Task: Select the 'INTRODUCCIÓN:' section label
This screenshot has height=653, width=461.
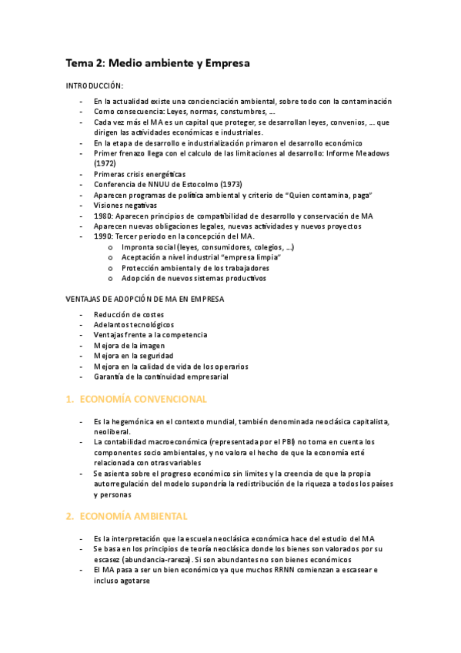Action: pyautogui.click(x=95, y=85)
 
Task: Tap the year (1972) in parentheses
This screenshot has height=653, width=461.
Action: pyautogui.click(x=105, y=163)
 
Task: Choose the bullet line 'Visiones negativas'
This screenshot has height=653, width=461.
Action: pyautogui.click(x=125, y=206)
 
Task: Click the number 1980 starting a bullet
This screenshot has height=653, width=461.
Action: pyautogui.click(x=103, y=216)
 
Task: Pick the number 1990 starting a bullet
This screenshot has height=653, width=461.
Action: pyautogui.click(x=103, y=237)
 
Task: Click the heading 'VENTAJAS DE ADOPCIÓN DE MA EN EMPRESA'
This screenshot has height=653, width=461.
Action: pyautogui.click(x=145, y=299)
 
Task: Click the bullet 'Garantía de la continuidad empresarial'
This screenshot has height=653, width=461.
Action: pyautogui.click(x=161, y=377)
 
